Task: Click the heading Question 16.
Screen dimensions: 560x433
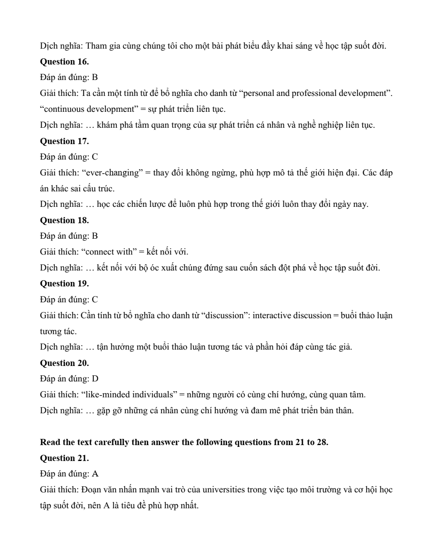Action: [64, 61]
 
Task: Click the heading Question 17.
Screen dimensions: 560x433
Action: [64, 141]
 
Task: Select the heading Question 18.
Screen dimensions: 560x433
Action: [64, 220]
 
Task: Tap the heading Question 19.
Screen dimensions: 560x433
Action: [64, 283]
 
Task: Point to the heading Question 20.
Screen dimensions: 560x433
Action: [64, 363]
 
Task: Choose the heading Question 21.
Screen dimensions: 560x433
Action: [64, 458]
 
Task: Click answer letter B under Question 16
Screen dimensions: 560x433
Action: [95, 77]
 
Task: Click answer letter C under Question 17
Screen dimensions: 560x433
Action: [95, 157]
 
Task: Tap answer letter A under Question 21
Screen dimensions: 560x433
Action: [95, 474]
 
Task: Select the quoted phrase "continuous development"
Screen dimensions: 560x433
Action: [89, 109]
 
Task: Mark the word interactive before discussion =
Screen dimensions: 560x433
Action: [272, 316]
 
